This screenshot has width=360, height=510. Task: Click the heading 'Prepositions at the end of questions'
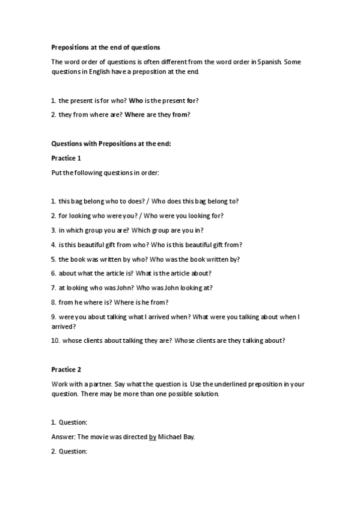[105, 46]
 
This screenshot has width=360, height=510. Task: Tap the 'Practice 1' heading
[66, 158]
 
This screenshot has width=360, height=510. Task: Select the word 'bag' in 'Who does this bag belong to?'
[197, 201]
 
